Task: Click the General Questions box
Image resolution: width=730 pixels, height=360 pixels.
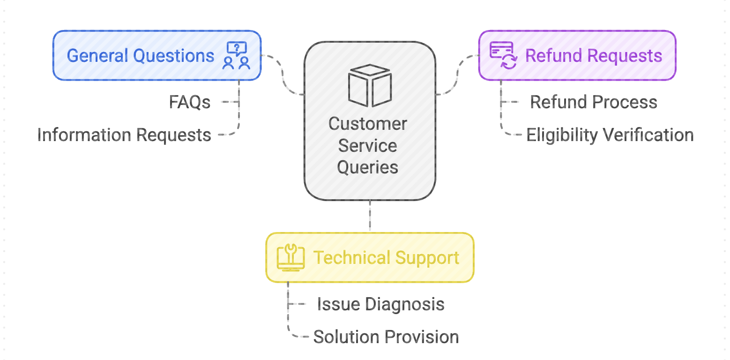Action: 156,55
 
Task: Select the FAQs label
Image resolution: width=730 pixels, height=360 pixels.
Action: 190,102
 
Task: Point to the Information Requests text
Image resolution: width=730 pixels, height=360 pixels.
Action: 124,135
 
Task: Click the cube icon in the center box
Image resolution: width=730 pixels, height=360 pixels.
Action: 369,85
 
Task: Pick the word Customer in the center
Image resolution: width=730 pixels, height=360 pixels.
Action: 368,124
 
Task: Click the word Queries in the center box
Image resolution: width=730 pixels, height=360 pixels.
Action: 368,167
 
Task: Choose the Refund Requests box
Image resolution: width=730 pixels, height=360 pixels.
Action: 577,55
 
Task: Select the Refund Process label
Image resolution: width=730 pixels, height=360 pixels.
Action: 594,102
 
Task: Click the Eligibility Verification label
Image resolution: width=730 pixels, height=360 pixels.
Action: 610,135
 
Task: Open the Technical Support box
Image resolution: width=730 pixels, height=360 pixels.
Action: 370,258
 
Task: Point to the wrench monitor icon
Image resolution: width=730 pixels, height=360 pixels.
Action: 291,258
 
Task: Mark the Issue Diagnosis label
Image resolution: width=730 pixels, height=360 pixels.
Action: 380,304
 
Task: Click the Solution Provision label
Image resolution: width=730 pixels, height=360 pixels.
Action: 386,337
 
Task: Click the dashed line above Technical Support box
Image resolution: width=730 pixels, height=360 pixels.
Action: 370,217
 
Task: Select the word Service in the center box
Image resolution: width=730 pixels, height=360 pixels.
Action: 368,146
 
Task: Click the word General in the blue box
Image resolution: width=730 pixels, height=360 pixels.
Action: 97,56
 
